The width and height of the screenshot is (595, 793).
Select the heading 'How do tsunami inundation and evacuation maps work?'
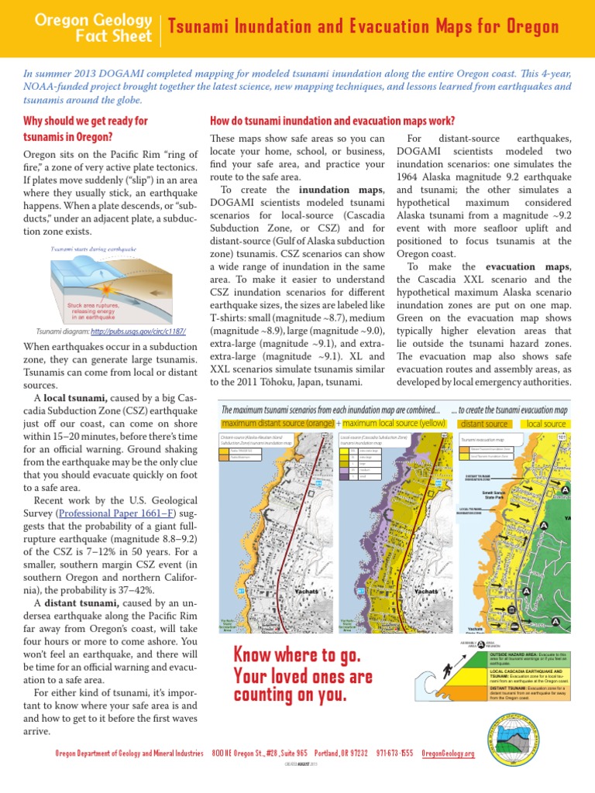point(328,121)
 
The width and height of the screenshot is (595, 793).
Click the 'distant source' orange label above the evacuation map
point(485,424)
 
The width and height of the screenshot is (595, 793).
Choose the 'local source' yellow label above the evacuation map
point(545,424)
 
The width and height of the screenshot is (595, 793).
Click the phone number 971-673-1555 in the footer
point(394,754)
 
